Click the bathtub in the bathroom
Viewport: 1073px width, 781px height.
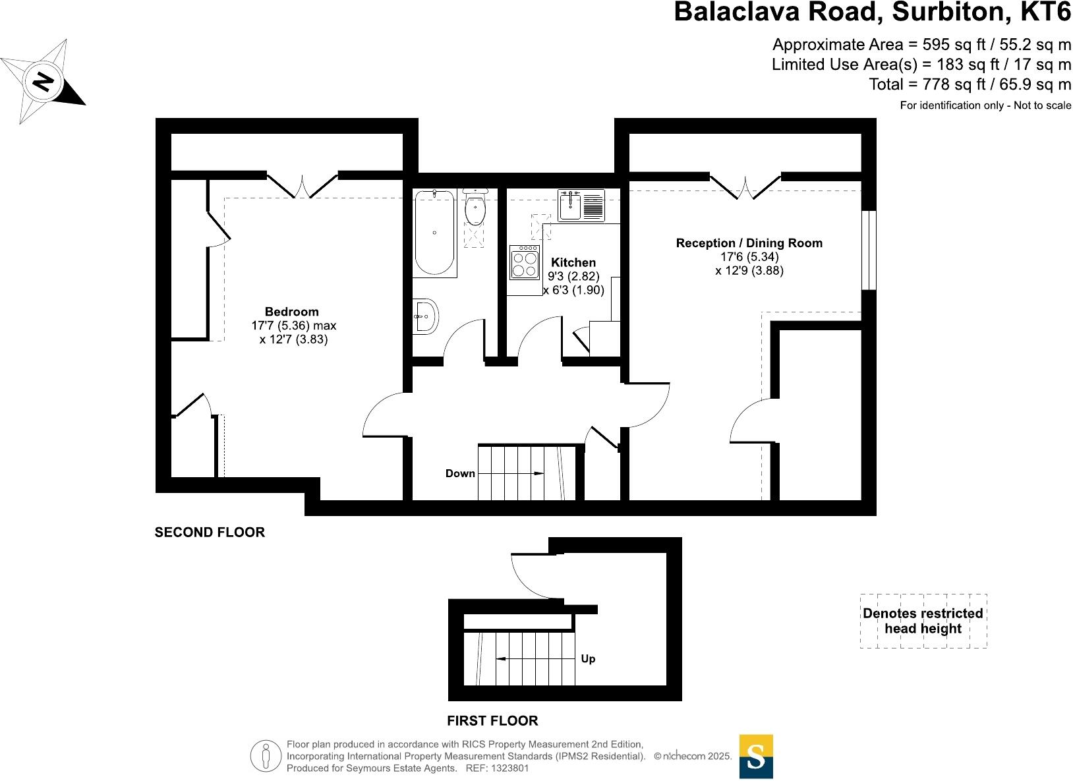pos(435,233)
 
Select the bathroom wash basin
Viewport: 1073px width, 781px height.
pos(426,316)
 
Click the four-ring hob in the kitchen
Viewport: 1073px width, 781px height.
pos(525,262)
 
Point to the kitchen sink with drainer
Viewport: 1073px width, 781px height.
pos(581,205)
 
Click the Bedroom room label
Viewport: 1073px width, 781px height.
pos(291,312)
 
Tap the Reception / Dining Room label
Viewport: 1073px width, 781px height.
pos(749,243)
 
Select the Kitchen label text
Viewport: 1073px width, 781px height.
pos(573,262)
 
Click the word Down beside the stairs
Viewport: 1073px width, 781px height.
pos(460,473)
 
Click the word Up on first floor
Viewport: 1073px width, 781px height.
pos(588,658)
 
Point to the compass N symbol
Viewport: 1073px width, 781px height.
pos(43,82)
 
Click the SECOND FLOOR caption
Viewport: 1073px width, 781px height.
pos(210,532)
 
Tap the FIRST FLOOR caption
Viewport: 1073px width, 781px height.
pos(492,720)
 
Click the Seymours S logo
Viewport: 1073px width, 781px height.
pos(756,756)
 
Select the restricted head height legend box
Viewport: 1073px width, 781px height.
pos(923,621)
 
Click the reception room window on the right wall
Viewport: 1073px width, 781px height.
pos(869,250)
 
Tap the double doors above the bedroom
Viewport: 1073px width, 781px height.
pos(303,185)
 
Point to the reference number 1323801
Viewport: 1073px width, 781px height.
pos(507,768)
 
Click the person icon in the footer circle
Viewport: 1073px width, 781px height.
pos(266,756)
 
